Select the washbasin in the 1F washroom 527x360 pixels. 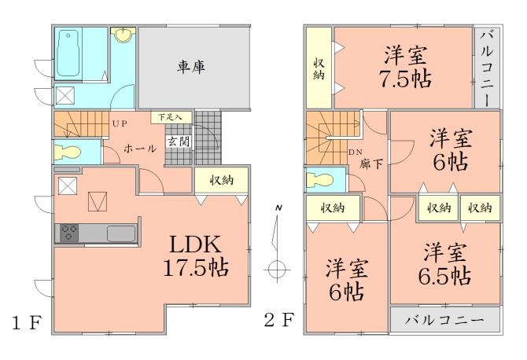coord(123,35)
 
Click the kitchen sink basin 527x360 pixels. coord(120,233)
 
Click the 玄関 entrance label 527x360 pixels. coord(177,141)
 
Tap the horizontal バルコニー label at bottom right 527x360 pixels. coord(445,321)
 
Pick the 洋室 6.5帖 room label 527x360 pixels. coord(444,265)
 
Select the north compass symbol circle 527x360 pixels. coord(275,268)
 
